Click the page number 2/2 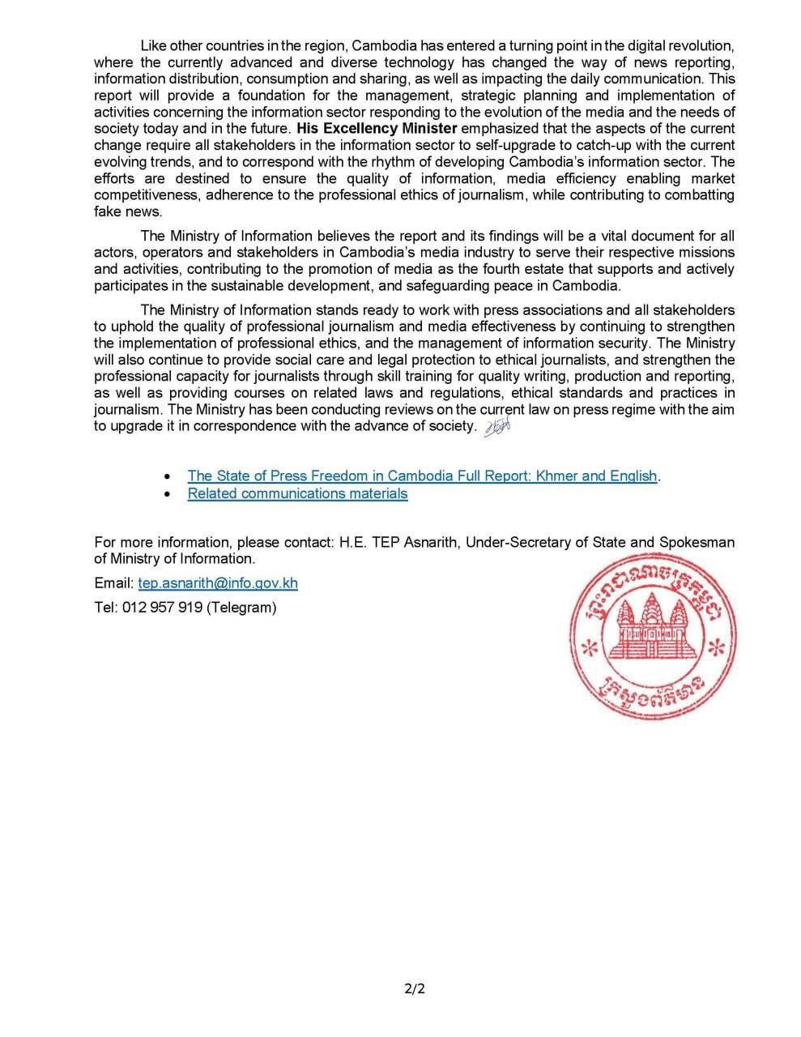(x=415, y=988)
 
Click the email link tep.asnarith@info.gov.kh (x=218, y=583)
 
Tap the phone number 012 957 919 (x=162, y=607)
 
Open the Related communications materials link (x=297, y=493)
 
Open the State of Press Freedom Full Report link (x=422, y=476)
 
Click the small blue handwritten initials (x=496, y=429)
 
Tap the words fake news (x=128, y=211)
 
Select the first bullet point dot (x=167, y=476)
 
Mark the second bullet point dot (x=167, y=494)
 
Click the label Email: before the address (x=113, y=583)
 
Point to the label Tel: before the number (x=106, y=607)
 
